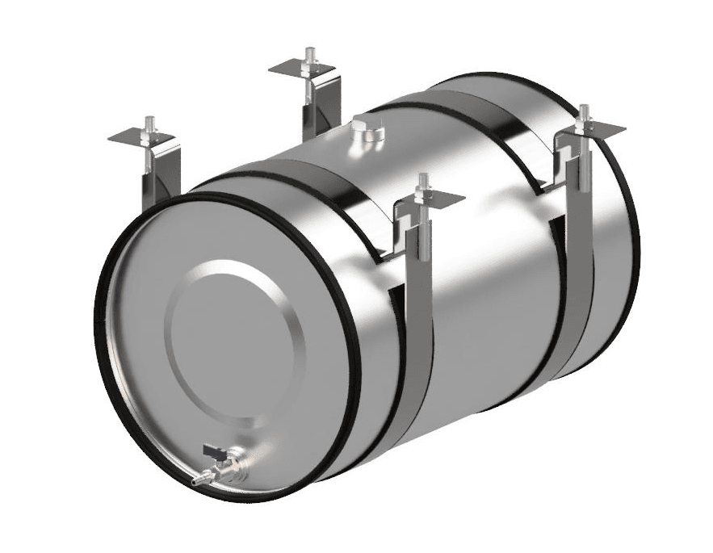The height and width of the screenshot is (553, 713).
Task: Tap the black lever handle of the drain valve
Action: (214, 452)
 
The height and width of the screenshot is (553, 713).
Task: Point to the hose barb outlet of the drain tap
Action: (197, 480)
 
